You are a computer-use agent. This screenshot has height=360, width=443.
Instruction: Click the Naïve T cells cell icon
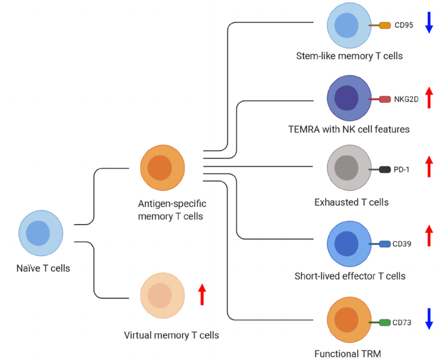40,233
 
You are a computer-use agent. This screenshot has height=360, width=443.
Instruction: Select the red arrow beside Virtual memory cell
202,294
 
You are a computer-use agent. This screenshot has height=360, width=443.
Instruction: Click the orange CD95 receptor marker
385,25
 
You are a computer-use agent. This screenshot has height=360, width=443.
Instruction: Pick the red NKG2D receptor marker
385,99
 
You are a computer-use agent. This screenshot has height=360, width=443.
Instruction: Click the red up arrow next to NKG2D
428,98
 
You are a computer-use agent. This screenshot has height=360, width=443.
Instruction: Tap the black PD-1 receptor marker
385,170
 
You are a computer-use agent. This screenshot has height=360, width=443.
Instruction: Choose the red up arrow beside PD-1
428,167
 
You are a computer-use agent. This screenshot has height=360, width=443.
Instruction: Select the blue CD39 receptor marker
385,244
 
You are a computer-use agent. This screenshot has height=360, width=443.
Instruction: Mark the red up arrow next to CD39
428,236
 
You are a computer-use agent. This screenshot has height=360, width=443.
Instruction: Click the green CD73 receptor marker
385,323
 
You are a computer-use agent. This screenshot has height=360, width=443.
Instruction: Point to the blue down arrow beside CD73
428,319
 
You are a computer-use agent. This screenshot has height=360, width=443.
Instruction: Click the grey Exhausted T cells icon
349,168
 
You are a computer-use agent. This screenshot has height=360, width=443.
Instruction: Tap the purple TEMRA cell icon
349,98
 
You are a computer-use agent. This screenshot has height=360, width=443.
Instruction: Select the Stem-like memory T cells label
349,56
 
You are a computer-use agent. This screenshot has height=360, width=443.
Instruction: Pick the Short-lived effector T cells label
350,276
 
